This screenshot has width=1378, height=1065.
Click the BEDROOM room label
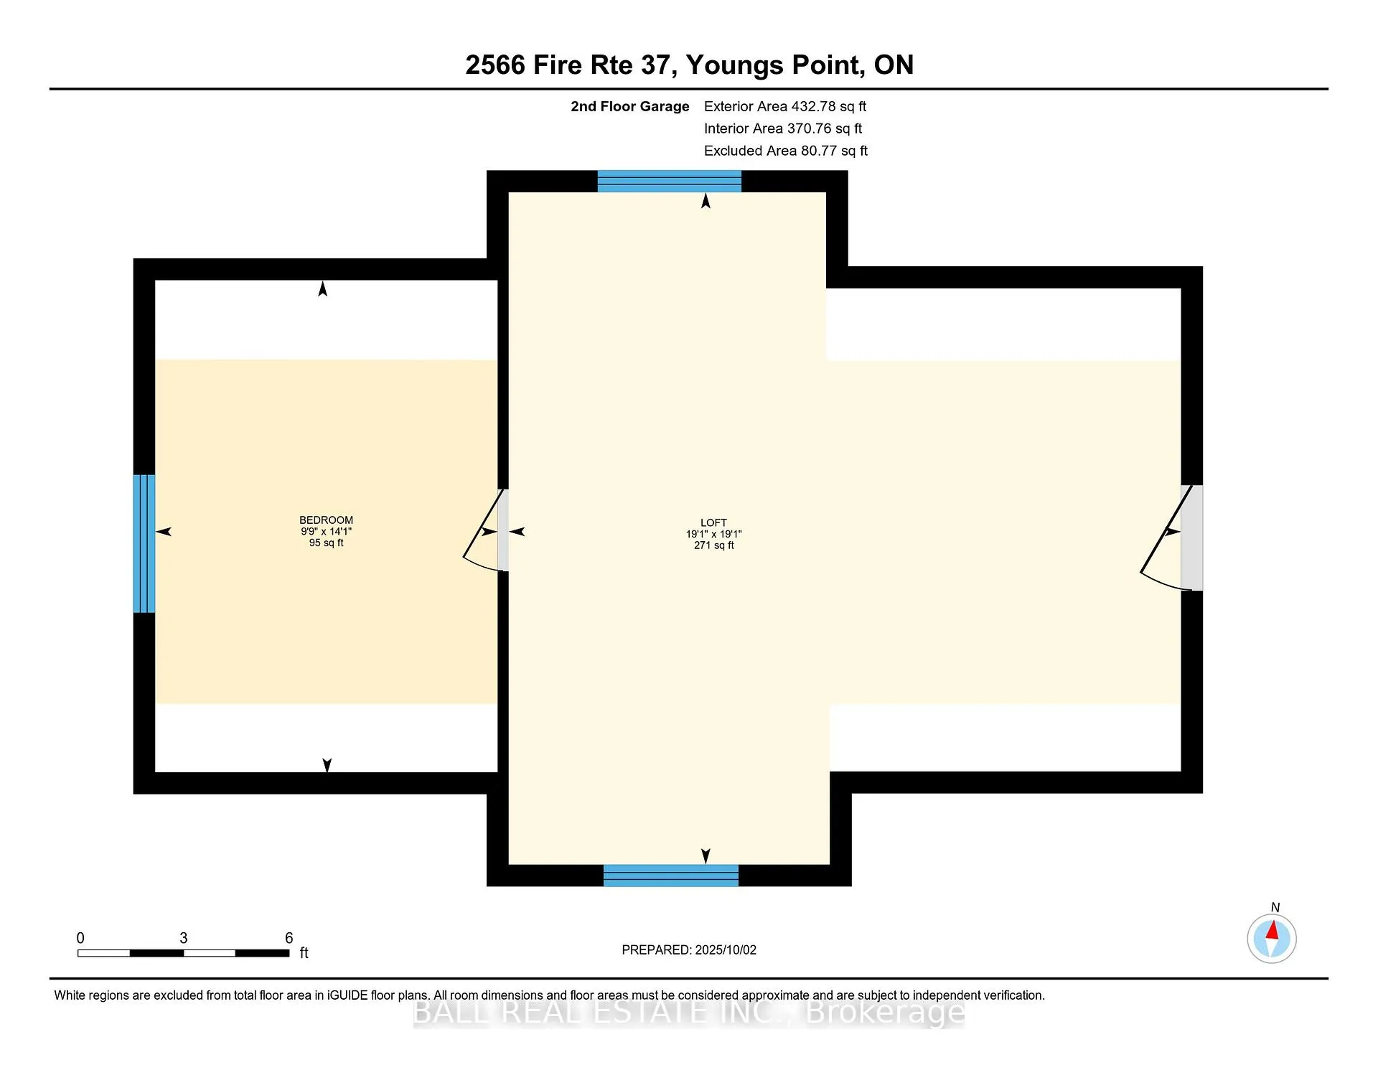(326, 520)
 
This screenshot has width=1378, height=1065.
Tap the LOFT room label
(713, 523)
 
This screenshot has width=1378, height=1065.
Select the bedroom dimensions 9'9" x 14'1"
(326, 532)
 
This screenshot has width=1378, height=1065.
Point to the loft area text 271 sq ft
(713, 545)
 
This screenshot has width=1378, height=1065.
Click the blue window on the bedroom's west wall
(144, 543)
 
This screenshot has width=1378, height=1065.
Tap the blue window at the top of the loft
(670, 182)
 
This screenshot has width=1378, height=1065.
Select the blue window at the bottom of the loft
(671, 876)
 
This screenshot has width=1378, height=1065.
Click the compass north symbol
(1272, 937)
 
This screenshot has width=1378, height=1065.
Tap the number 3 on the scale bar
(184, 938)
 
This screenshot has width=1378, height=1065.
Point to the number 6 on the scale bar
(289, 938)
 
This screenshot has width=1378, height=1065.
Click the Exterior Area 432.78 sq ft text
(785, 107)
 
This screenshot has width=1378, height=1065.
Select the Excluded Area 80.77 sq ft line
(786, 151)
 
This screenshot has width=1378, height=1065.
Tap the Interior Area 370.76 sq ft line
(783, 128)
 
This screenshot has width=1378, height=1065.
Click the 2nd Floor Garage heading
(630, 107)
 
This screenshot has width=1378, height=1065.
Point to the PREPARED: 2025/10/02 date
(689, 950)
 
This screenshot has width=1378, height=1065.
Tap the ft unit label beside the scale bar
(304, 953)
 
